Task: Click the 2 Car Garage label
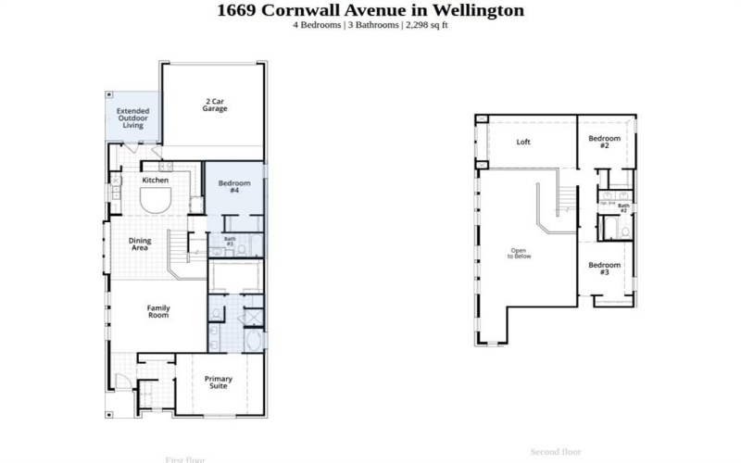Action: point(215,105)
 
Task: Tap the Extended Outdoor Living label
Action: point(132,118)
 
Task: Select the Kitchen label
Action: point(155,180)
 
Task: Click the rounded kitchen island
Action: point(155,199)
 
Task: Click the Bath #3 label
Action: point(230,242)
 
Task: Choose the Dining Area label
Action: point(139,244)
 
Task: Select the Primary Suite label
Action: point(219,382)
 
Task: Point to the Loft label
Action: point(523,142)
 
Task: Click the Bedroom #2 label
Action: point(604,142)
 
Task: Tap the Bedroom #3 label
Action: point(604,269)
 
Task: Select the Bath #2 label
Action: point(623,208)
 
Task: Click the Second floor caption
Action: point(555,452)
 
